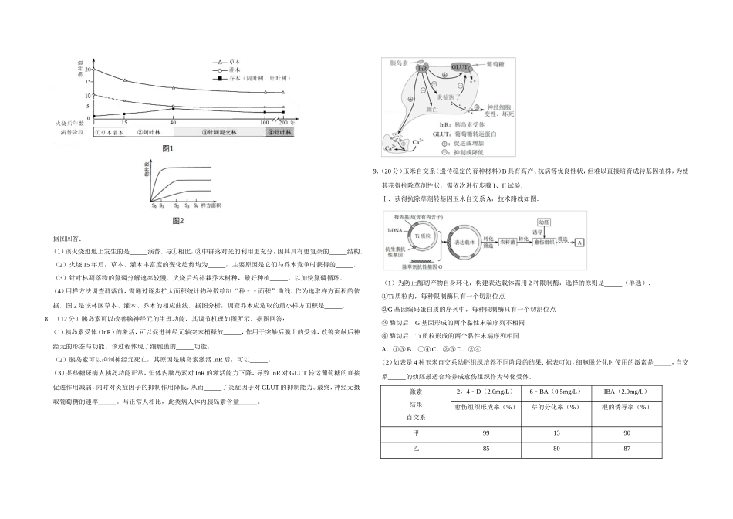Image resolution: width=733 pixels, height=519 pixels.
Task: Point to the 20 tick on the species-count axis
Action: [x=89, y=70]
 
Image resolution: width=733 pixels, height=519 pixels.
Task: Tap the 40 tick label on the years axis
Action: [x=172, y=123]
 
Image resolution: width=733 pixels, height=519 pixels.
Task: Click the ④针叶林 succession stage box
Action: [x=281, y=132]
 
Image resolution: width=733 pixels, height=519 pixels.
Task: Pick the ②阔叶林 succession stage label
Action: [x=147, y=132]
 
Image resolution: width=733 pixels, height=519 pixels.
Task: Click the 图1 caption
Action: [x=167, y=148]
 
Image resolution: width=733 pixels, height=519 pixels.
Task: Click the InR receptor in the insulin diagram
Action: [x=422, y=69]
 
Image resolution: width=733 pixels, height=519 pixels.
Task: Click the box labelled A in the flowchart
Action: [x=579, y=242]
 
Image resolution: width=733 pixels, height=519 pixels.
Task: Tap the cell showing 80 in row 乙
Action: [x=552, y=449]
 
